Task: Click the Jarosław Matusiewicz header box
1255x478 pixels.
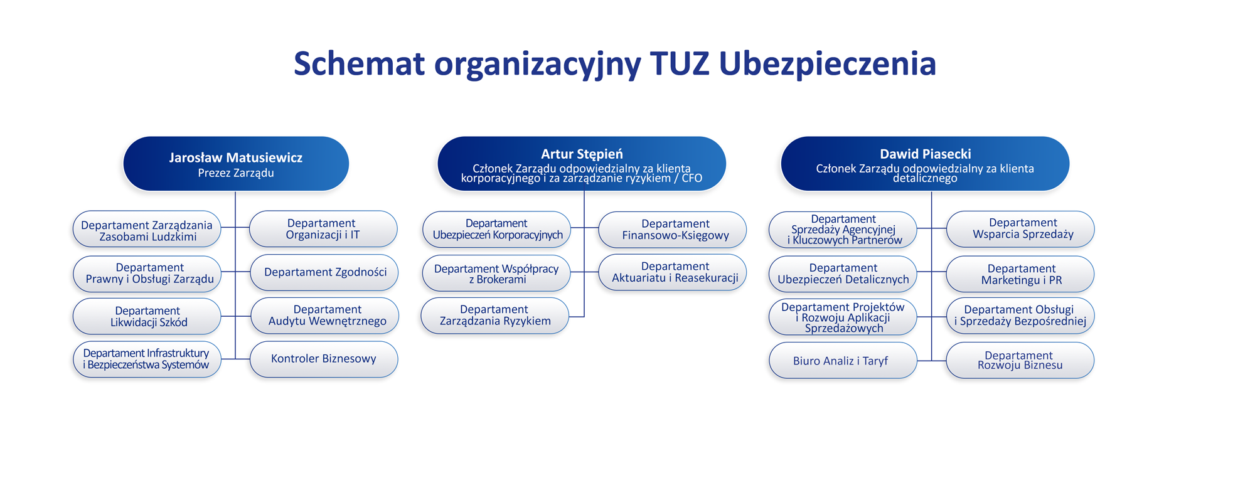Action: [x=236, y=164]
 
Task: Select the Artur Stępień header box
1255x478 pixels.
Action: [x=582, y=164]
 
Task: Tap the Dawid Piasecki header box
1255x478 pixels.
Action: [x=925, y=164]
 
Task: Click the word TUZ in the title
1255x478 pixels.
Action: [x=680, y=63]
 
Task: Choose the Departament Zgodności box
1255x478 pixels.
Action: [x=324, y=272]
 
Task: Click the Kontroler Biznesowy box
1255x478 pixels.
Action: [x=324, y=359]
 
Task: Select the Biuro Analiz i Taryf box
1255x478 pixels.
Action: [x=843, y=360]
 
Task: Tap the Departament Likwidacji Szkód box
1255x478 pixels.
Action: [x=147, y=316]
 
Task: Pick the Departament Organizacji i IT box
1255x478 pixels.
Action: [x=323, y=229]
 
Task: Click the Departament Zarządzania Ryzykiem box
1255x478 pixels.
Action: [x=494, y=316]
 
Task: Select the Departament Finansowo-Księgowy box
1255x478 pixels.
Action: [x=673, y=230]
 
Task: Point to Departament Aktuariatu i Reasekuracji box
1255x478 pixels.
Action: [x=673, y=272]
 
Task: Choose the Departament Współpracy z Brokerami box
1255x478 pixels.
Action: [x=496, y=274]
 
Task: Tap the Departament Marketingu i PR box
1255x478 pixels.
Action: [x=1020, y=274]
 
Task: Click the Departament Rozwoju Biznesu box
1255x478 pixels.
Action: [x=1020, y=360]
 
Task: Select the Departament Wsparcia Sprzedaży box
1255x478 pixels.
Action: [x=1020, y=229]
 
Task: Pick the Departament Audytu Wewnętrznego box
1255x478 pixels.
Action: [x=325, y=316]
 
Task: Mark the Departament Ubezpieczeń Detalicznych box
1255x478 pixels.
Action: [x=843, y=274]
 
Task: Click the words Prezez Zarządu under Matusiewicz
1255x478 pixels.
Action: [x=236, y=173]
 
